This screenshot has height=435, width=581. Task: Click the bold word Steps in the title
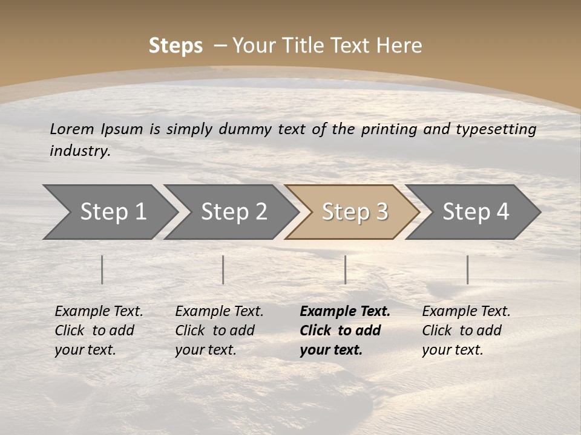pyautogui.click(x=176, y=46)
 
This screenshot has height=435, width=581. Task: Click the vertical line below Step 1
pyautogui.click(x=102, y=269)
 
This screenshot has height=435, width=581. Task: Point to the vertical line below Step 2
pyautogui.click(x=223, y=269)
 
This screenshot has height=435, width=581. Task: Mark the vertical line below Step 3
pyautogui.click(x=346, y=269)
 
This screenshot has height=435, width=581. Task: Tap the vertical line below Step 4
pyautogui.click(x=468, y=269)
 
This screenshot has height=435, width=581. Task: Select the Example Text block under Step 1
pyautogui.click(x=99, y=330)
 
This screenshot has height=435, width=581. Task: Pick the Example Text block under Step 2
pyautogui.click(x=219, y=330)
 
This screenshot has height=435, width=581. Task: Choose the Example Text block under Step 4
pyautogui.click(x=466, y=330)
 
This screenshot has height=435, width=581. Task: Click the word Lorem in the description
pyautogui.click(x=72, y=129)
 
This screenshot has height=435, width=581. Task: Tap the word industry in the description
pyautogui.click(x=80, y=151)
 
